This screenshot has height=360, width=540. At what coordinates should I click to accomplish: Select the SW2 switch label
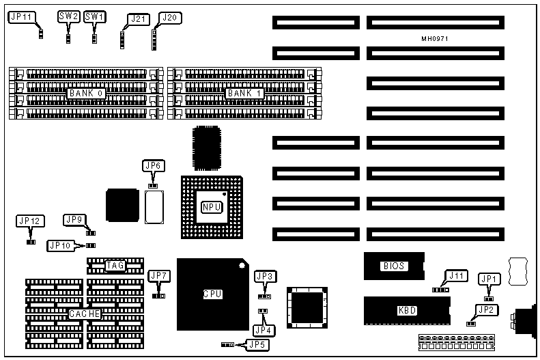(x=69, y=16)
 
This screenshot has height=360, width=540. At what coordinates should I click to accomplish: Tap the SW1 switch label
(x=95, y=16)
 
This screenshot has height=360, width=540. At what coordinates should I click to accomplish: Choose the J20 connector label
(x=169, y=18)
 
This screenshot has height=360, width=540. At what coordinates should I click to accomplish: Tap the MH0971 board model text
(x=435, y=39)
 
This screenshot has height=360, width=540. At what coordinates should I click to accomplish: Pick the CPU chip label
(x=213, y=294)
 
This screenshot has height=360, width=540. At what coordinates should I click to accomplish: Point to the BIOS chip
(x=394, y=266)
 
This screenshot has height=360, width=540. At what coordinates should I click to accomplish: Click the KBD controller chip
(x=407, y=310)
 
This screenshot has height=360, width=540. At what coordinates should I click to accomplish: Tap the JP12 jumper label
(x=30, y=221)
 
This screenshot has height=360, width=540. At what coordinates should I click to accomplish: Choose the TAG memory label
(x=115, y=265)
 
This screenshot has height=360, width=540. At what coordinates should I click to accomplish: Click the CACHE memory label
(x=85, y=314)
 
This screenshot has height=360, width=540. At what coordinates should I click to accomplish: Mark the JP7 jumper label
(x=158, y=276)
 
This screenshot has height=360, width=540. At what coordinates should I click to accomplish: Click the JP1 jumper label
(x=489, y=279)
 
